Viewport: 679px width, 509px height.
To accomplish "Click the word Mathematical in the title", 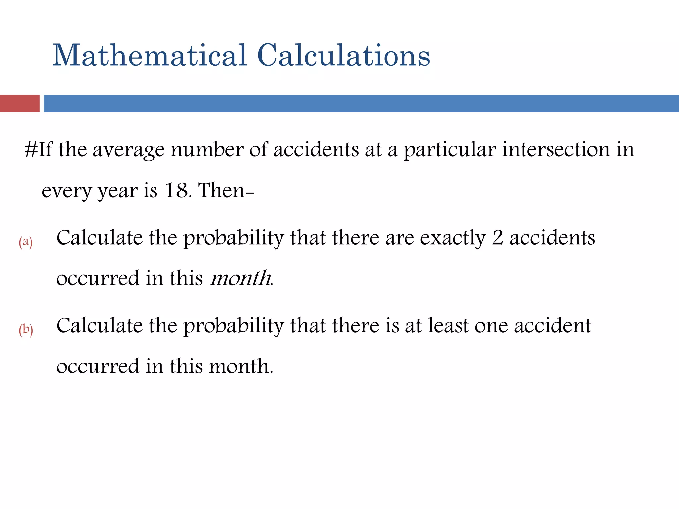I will (x=150, y=55).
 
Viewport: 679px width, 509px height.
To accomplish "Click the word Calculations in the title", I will (x=343, y=55).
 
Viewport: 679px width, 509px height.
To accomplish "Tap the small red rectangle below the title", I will (x=20, y=103).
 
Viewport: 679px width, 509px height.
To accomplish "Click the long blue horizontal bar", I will (x=361, y=103).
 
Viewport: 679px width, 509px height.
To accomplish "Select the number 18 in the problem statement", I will (x=177, y=191).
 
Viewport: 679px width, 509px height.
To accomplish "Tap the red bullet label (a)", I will (x=26, y=242).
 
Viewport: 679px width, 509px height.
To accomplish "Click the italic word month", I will (x=240, y=278).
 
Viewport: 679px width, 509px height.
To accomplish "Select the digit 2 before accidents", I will (x=497, y=238).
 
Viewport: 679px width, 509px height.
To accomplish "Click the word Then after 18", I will (x=221, y=191).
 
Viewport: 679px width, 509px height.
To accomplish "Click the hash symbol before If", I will (x=31, y=150).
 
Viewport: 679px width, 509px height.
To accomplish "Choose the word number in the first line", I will (x=207, y=150).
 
